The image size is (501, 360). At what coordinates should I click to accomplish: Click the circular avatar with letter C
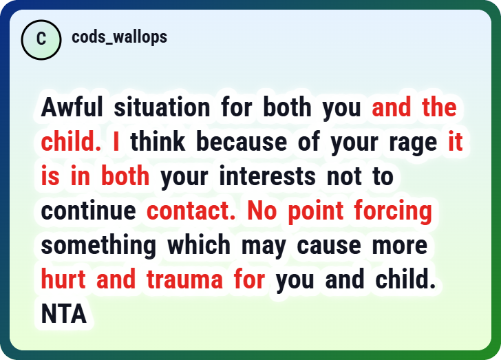click(x=41, y=40)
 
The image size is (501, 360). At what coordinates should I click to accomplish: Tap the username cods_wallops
click(x=120, y=37)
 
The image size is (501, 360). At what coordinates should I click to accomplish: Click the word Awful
click(x=72, y=107)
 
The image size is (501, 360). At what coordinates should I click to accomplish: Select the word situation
click(x=162, y=107)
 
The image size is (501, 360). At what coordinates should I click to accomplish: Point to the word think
click(x=158, y=141)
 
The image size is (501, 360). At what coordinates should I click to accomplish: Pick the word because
click(x=242, y=141)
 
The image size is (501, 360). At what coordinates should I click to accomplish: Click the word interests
click(x=268, y=176)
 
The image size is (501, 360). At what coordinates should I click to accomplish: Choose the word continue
click(x=89, y=211)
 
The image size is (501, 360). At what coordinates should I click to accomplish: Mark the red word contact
click(x=191, y=211)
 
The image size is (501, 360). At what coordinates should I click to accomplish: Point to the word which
click(x=199, y=245)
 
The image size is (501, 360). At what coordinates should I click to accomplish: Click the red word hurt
click(x=63, y=279)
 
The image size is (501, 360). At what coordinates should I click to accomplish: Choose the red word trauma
click(x=184, y=279)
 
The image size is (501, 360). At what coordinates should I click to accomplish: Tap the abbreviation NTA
click(x=64, y=314)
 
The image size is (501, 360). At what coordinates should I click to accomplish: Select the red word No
click(x=262, y=211)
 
